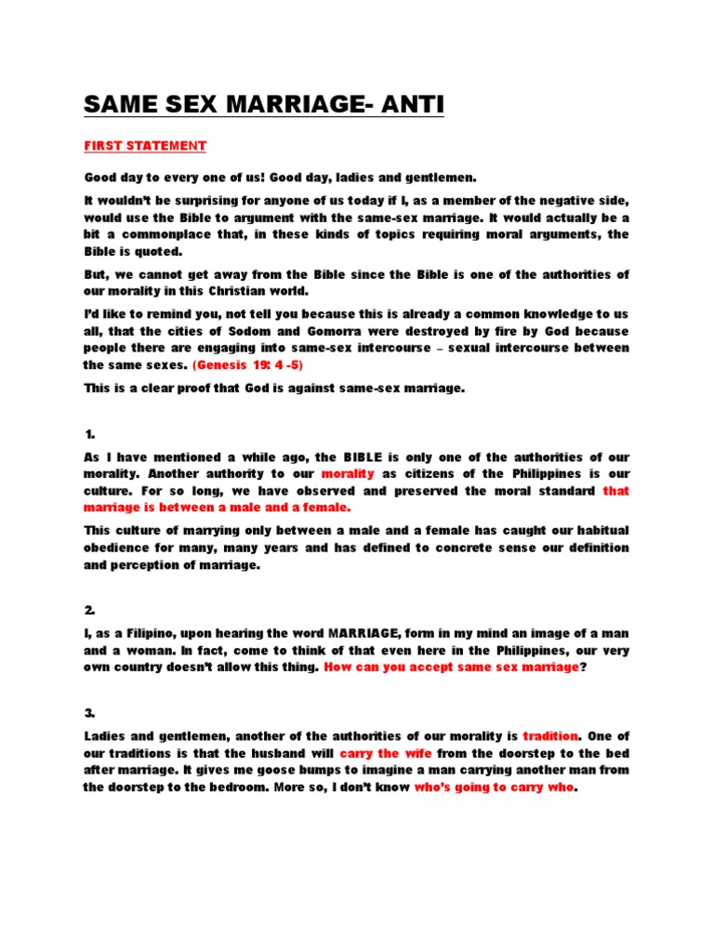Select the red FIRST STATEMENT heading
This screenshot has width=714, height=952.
(145, 146)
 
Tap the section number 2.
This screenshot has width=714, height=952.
(89, 610)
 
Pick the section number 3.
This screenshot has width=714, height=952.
(89, 712)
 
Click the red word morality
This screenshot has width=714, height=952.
(347, 474)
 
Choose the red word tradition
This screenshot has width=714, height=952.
(551, 735)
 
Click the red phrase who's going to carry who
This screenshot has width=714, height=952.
(495, 787)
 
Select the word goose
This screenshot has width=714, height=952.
(291, 769)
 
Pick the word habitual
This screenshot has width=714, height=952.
(594, 531)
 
